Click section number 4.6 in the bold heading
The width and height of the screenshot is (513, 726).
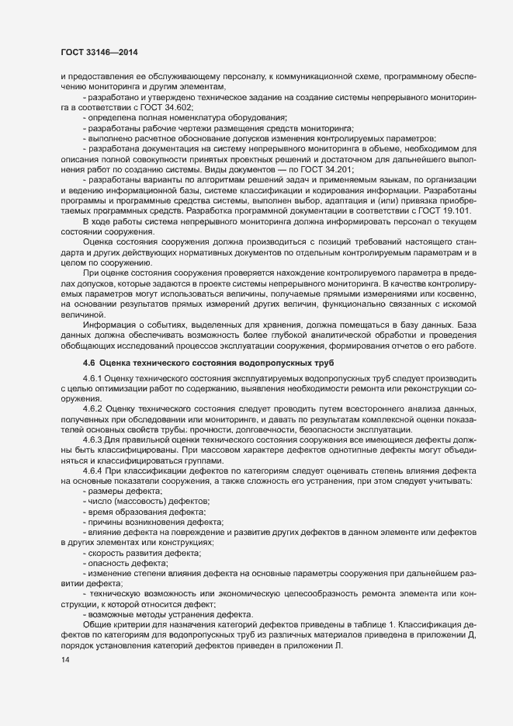(88, 364)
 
